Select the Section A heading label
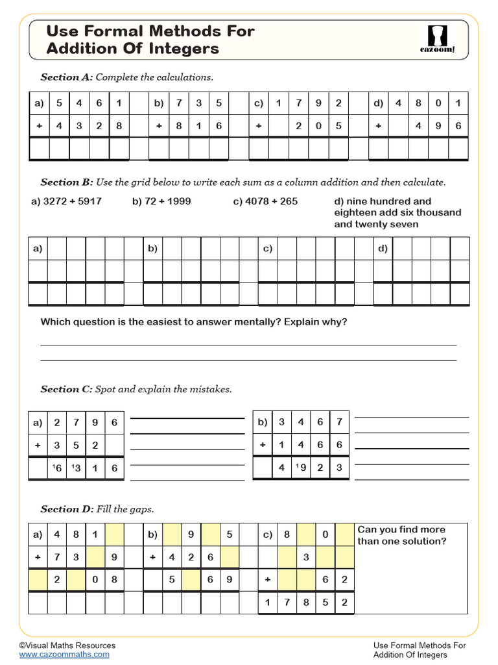(67, 77)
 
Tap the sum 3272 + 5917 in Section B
(67, 201)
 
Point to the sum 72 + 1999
(161, 201)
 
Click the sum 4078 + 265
(265, 201)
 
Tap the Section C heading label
(67, 390)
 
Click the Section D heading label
(67, 509)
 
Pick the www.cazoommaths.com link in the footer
(64, 655)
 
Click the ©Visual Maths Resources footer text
(67, 646)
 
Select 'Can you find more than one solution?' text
(402, 536)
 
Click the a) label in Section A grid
(39, 103)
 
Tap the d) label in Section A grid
(378, 103)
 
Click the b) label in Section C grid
(262, 422)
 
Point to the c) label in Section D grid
(268, 535)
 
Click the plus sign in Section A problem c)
(258, 126)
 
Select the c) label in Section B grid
(267, 248)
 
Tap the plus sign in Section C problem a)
(38, 445)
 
